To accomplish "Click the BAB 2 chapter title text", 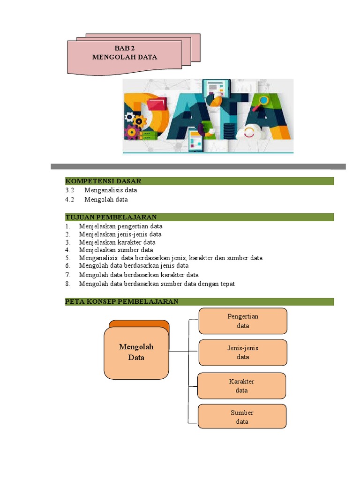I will pos(124,48).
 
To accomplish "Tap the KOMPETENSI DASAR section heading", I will pos(103,181).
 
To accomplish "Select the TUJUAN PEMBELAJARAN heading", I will pos(111,217).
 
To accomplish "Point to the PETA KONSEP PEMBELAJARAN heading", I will pos(121,301).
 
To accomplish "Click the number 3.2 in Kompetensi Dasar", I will pos(70,190).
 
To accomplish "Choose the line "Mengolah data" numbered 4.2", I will pos(106,199).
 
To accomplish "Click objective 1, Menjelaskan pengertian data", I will pos(120,226).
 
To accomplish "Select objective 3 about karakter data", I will pos(117,242).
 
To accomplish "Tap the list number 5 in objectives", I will pos(67,258).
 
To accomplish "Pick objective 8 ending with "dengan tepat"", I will pos(157,284).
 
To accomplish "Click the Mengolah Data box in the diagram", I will pos(136,352).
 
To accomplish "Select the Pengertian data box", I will pos(243,321).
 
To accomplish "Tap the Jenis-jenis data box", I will pos(243,352).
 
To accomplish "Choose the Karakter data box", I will pos(241,385).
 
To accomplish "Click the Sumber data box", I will pos(242,417).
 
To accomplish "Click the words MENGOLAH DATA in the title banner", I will pos(124,57).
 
